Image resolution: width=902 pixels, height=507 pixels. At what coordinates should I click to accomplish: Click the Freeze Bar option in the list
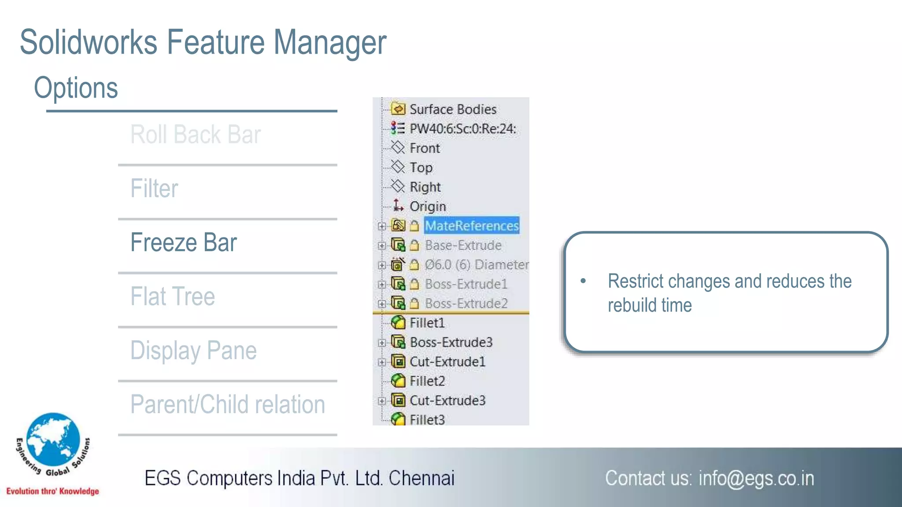(184, 242)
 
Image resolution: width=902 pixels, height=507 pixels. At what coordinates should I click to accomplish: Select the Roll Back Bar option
(196, 135)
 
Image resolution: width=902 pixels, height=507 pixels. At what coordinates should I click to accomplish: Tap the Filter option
(154, 189)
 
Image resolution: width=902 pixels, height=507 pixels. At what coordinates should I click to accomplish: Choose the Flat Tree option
(173, 296)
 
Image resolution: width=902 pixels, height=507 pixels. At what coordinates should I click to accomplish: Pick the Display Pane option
(193, 351)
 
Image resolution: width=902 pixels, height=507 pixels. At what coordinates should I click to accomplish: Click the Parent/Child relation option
(228, 404)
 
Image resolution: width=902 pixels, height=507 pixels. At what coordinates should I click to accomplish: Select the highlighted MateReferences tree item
(472, 226)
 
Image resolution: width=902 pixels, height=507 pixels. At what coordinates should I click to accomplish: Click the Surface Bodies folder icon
(398, 109)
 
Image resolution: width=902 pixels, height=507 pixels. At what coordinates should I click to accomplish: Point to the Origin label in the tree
(428, 206)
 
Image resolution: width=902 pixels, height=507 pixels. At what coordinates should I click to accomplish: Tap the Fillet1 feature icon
(398, 323)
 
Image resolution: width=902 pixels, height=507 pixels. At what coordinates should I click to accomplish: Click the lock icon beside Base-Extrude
(414, 246)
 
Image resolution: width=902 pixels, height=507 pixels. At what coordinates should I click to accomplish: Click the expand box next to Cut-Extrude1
(381, 362)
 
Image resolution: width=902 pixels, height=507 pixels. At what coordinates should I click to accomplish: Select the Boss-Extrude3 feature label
(451, 342)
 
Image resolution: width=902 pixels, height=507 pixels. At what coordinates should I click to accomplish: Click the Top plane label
(421, 168)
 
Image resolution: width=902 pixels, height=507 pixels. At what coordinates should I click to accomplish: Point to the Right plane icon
(398, 187)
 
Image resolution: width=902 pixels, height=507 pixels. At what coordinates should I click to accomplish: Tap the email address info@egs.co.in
(756, 478)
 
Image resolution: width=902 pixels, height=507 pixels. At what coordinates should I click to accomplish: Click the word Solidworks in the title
(89, 43)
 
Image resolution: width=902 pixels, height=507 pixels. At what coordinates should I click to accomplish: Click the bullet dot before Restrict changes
(583, 281)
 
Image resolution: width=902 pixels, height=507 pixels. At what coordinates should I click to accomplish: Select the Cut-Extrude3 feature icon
(398, 400)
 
